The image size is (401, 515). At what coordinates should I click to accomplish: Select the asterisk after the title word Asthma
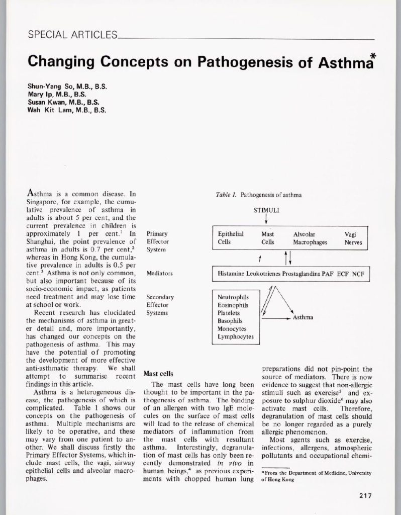click(x=373, y=57)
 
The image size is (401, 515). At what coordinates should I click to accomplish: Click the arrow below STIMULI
click(x=266, y=220)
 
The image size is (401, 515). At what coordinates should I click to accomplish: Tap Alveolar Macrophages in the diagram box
click(x=310, y=238)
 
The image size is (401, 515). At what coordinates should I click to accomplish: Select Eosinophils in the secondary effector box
click(x=233, y=305)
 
